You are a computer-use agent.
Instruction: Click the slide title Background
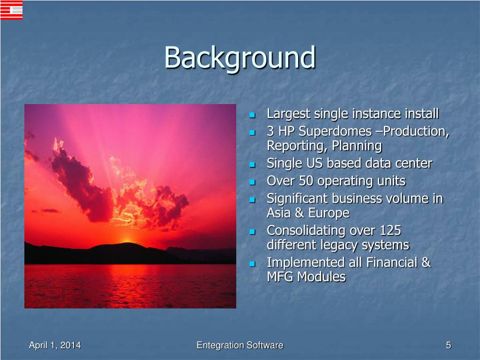click(240, 57)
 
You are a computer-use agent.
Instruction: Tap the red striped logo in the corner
click(12, 10)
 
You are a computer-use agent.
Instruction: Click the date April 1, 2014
click(55, 345)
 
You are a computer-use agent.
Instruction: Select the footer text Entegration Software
click(240, 345)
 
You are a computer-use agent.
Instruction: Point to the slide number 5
click(449, 345)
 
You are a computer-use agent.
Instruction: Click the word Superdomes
click(335, 131)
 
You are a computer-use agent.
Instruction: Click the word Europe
click(329, 213)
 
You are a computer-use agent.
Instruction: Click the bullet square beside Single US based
click(252, 165)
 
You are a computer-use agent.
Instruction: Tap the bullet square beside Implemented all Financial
click(252, 263)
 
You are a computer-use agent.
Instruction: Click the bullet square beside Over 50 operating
click(252, 182)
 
